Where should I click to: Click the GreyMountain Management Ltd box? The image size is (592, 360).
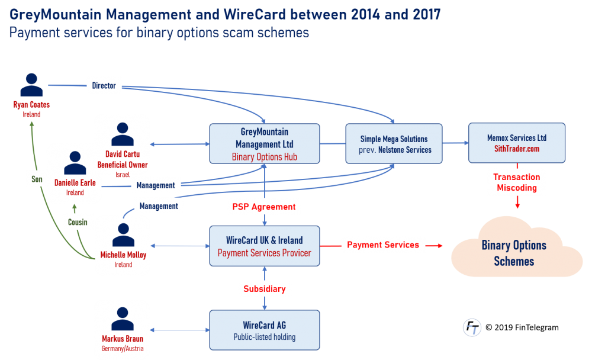click(265, 143)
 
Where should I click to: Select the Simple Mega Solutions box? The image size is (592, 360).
click(394, 143)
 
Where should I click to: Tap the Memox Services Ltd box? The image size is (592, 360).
click(517, 143)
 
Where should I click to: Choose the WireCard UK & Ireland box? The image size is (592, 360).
click(265, 246)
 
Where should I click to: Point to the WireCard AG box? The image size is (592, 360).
click(265, 331)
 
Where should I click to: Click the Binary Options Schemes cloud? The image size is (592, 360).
click(514, 253)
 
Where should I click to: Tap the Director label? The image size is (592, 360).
click(104, 86)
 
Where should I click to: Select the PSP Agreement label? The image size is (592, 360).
click(264, 207)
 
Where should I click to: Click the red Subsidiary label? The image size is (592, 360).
click(264, 289)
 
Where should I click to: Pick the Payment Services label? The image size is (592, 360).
click(383, 245)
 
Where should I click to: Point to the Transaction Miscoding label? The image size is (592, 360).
click(517, 182)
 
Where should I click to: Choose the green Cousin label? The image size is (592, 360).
click(78, 223)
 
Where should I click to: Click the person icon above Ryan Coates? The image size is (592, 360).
click(31, 85)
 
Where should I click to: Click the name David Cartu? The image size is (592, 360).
click(121, 154)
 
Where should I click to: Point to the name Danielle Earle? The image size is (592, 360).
click(75, 183)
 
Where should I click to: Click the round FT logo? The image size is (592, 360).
click(472, 327)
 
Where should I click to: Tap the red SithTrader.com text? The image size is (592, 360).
click(517, 149)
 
